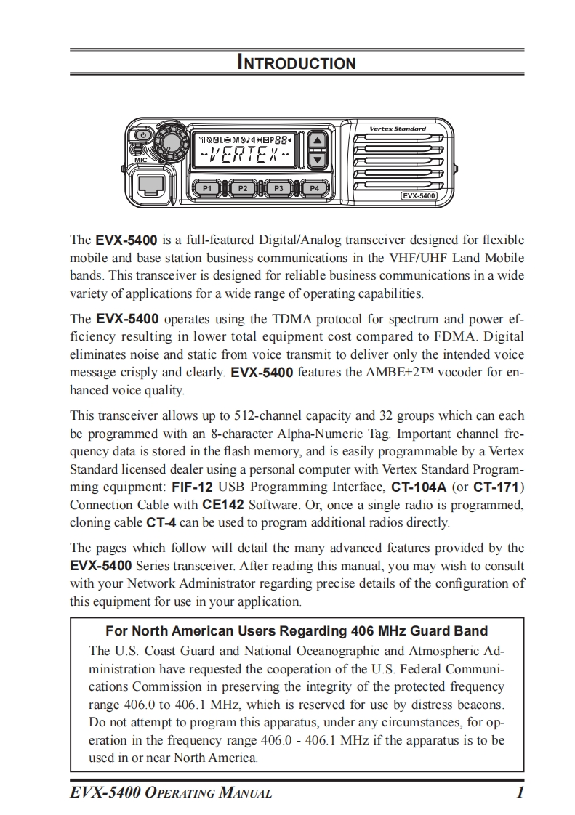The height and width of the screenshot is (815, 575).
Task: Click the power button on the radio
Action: pyautogui.click(x=143, y=135)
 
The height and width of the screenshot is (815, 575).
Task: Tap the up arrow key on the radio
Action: pyautogui.click(x=317, y=141)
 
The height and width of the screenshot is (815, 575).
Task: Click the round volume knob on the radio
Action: pyautogui.click(x=172, y=141)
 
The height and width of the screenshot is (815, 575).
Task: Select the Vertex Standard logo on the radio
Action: pyautogui.click(x=398, y=129)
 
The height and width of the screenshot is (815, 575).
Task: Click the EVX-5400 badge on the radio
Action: pyautogui.click(x=419, y=195)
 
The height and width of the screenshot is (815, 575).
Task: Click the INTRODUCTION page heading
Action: pyautogui.click(x=297, y=62)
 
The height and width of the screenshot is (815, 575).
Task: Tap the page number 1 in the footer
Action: pyautogui.click(x=520, y=792)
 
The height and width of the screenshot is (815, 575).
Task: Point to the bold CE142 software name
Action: pyautogui.click(x=222, y=504)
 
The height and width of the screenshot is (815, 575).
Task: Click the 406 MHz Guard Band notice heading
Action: pyautogui.click(x=297, y=630)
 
